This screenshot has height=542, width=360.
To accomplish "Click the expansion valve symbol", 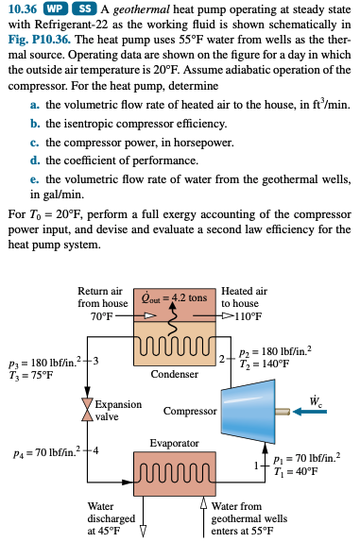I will click(x=91, y=407).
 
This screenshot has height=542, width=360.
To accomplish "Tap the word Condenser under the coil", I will click(x=173, y=373).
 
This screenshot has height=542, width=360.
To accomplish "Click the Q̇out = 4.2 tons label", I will click(x=177, y=296).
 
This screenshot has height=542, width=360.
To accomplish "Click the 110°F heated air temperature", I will click(x=243, y=316).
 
